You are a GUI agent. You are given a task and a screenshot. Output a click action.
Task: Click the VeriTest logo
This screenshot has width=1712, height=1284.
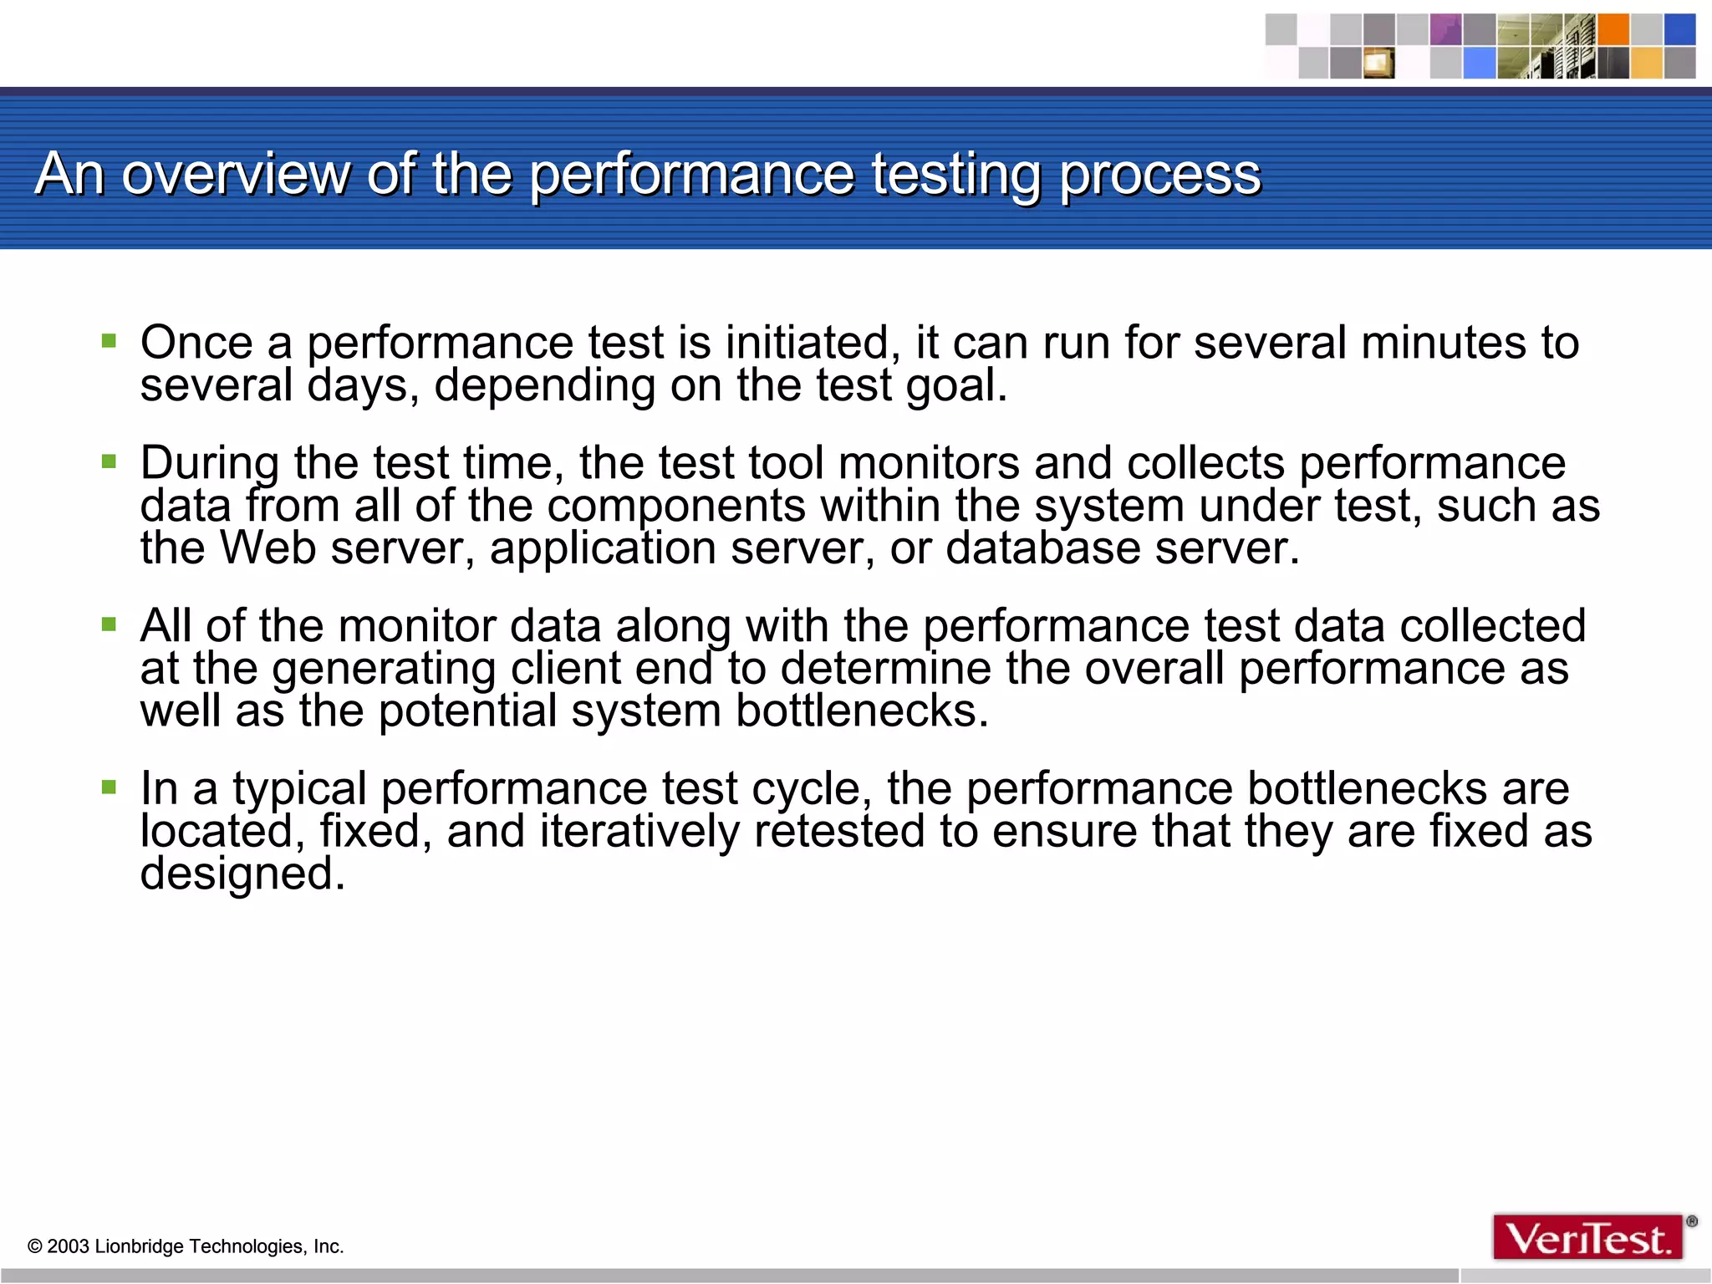click(x=1587, y=1238)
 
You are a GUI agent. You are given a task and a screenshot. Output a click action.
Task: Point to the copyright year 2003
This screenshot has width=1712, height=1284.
click(x=68, y=1246)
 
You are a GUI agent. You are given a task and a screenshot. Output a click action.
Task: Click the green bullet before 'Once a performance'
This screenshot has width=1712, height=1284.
click(x=109, y=340)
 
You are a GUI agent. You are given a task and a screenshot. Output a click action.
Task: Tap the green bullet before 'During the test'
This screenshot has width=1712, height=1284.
click(x=109, y=461)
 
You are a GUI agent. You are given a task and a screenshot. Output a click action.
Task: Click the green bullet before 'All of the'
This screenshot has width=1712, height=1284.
click(x=109, y=624)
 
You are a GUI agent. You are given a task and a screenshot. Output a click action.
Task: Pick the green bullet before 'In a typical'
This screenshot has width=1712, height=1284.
click(x=109, y=787)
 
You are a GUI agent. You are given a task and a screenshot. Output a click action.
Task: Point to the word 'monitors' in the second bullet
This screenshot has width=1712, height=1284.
click(x=929, y=463)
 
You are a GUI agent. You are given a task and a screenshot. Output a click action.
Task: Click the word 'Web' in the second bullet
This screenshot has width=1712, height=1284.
click(x=267, y=548)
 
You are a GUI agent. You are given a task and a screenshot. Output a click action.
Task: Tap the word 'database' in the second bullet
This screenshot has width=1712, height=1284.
click(x=1042, y=548)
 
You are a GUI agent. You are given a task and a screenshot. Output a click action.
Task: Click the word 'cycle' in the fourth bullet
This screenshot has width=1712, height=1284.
click(x=806, y=789)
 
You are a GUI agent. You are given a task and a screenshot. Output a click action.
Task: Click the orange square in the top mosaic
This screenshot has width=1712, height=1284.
click(x=1613, y=29)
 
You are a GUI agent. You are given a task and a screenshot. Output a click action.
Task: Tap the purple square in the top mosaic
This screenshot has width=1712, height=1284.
click(x=1445, y=29)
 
